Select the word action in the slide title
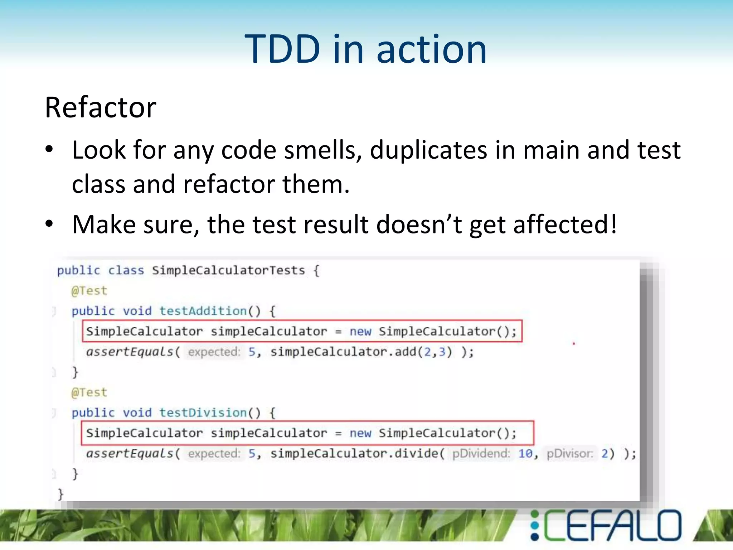pos(432,49)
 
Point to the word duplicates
pos(428,150)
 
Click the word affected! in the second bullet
pos(565,225)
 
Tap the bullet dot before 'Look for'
pos(49,149)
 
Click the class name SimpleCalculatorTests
pos(228,270)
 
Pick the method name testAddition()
pos(210,311)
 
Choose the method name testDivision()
pos(210,412)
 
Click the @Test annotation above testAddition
pos(89,291)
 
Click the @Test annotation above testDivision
pos(89,392)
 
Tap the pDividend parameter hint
pos(481,454)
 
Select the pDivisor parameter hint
pos(569,454)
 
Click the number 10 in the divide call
pos(525,454)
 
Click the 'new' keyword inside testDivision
pos(360,433)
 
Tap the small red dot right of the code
pos(574,344)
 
